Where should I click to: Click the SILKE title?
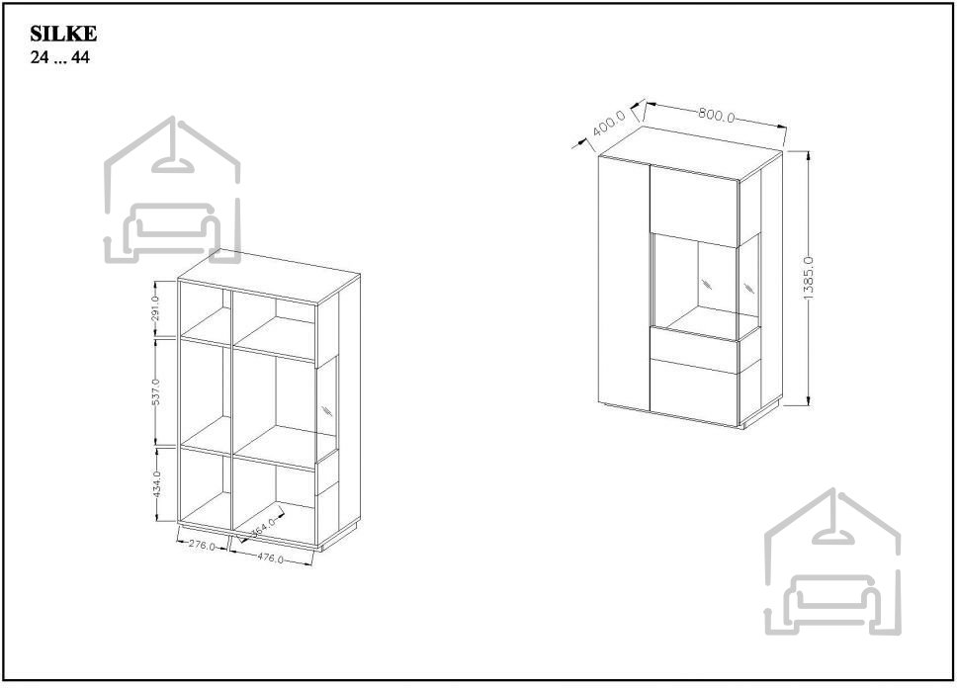click(63, 34)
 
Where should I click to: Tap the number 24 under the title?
click(40, 57)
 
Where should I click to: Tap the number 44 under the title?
click(80, 57)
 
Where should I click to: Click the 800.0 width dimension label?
click(717, 115)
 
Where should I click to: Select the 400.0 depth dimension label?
click(610, 123)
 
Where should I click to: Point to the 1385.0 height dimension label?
click(809, 278)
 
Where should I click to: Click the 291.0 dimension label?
click(155, 308)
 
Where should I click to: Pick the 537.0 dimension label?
click(155, 391)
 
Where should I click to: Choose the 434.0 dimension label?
click(156, 484)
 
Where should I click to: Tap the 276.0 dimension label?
click(202, 546)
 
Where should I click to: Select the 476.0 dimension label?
click(270, 558)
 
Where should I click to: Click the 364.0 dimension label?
click(264, 527)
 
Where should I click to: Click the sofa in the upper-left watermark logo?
click(171, 229)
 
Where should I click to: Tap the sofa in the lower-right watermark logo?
click(831, 601)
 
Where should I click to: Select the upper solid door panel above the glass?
click(695, 206)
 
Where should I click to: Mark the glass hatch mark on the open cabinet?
click(327, 409)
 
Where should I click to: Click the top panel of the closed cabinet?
click(690, 153)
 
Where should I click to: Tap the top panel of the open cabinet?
click(269, 276)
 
